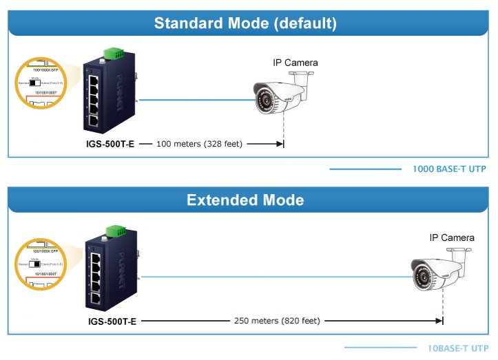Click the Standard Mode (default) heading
tap(246, 23)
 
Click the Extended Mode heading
tap(245, 200)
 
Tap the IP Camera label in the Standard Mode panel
tap(295, 63)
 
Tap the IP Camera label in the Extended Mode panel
tap(452, 237)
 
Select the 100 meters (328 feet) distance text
tap(199, 145)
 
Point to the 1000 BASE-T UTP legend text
tap(450, 169)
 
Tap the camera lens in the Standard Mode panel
tap(262, 102)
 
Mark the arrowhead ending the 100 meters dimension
tap(280, 145)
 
